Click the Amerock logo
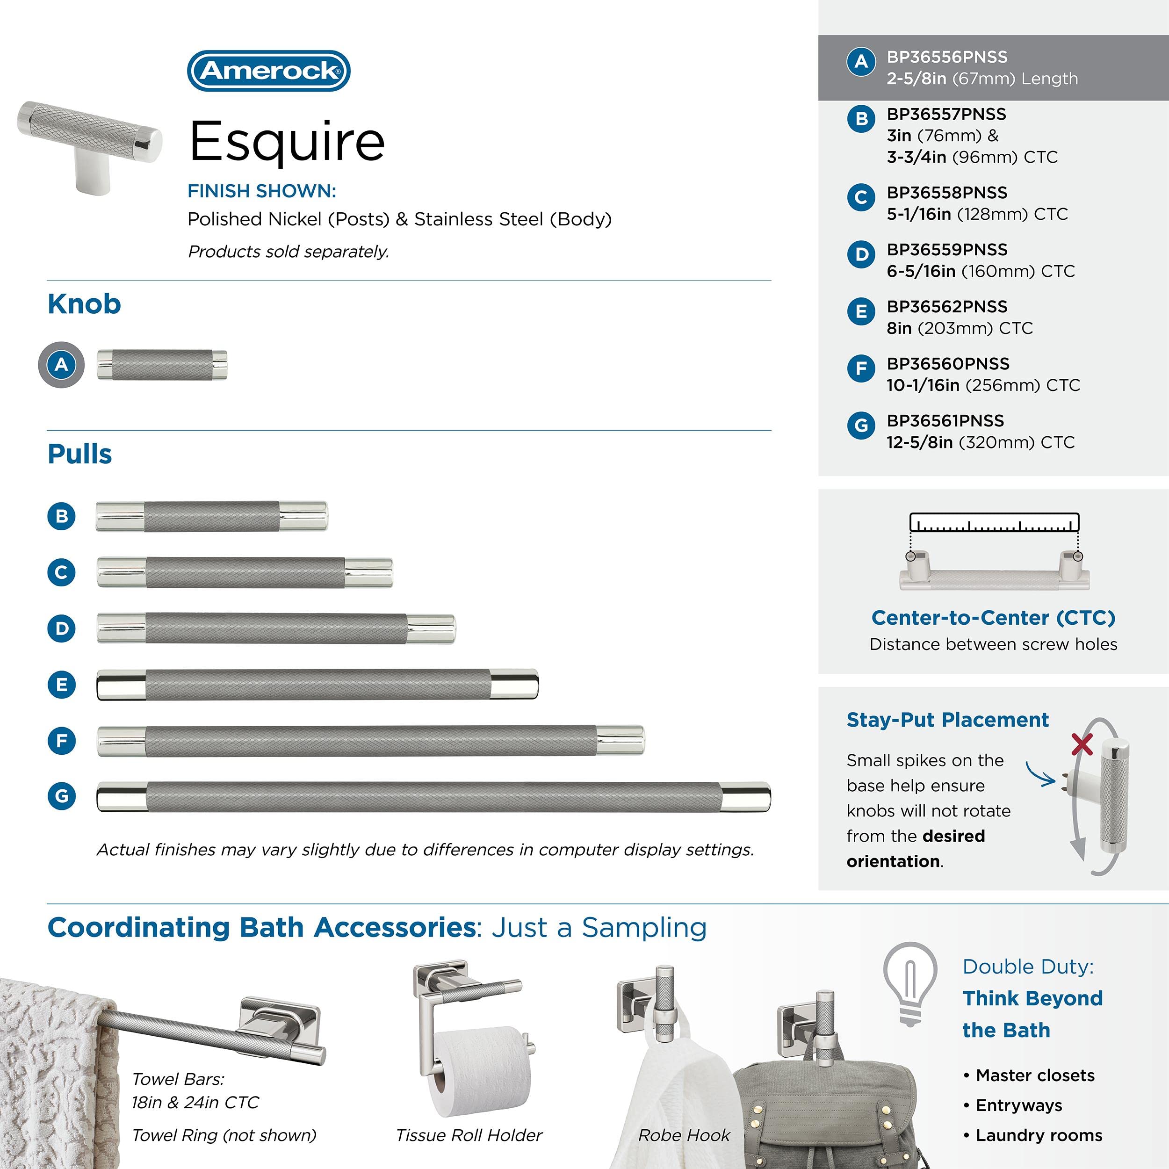(269, 71)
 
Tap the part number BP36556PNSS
(947, 57)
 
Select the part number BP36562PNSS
(947, 306)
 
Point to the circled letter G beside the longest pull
(62, 796)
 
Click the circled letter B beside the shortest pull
(62, 516)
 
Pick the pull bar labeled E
(318, 685)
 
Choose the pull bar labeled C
(245, 572)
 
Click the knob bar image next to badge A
(162, 365)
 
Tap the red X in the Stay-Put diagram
(1082, 744)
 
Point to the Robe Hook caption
(684, 1135)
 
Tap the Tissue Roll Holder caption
(469, 1135)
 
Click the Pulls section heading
(80, 454)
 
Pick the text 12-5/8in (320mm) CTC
(980, 442)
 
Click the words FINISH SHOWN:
(261, 191)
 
